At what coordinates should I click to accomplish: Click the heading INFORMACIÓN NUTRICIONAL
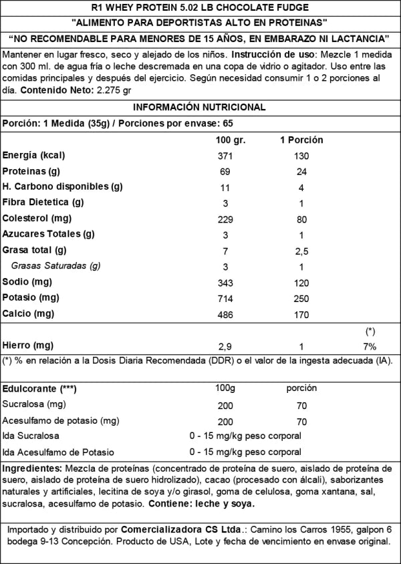pyautogui.click(x=200, y=108)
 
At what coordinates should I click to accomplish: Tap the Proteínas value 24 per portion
pyautogui.click(x=301, y=171)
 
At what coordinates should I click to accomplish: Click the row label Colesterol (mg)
pyautogui.click(x=37, y=219)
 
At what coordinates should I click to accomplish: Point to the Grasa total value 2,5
pyautogui.click(x=301, y=251)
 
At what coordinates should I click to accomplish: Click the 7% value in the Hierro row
pyautogui.click(x=370, y=346)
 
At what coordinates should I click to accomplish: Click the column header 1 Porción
pyautogui.click(x=301, y=140)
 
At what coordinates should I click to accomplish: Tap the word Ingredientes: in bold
pyautogui.click(x=33, y=467)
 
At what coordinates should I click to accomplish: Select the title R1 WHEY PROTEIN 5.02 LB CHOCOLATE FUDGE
pyautogui.click(x=200, y=7)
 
